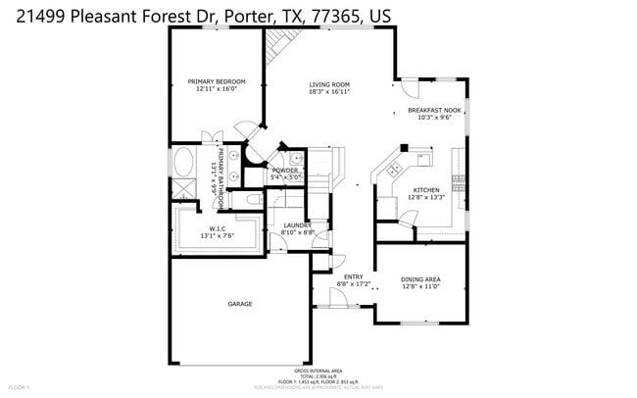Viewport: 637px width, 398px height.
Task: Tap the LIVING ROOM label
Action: pos(329,84)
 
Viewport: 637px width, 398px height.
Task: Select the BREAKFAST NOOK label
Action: pos(434,110)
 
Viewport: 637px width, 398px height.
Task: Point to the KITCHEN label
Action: pos(426,190)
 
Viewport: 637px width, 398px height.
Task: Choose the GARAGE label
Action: pos(240,304)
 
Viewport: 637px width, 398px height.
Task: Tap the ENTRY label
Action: pos(339,277)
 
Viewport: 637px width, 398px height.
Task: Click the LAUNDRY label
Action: pos(297,225)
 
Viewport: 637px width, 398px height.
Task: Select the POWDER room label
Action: pos(285,171)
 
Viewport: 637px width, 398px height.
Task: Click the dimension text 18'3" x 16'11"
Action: pos(329,92)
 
